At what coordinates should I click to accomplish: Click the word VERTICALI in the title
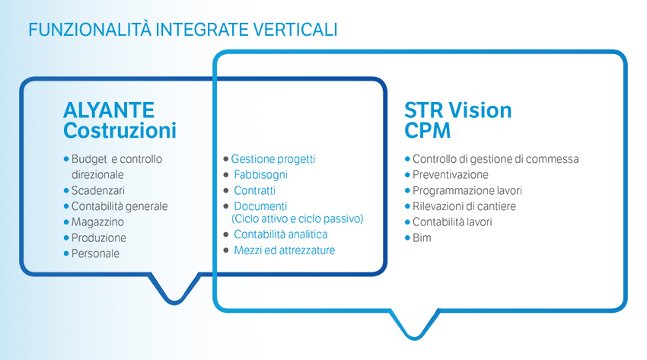295,30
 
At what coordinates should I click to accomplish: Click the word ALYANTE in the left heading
109,110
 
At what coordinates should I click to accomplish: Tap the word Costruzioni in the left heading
120,130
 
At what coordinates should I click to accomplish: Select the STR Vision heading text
458,110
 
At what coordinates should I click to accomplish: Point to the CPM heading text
428,130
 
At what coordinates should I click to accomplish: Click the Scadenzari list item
97,190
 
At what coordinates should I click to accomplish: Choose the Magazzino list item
97,221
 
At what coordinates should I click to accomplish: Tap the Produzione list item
99,237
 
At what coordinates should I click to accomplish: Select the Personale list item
95,253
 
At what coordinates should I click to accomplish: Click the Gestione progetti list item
273,159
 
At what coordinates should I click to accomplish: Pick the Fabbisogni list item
260,175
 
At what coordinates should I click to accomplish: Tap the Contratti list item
254,190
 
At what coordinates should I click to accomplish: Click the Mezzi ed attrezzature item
285,250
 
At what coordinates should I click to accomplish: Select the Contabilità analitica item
281,234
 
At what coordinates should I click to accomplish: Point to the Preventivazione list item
450,175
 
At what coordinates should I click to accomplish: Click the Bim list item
422,237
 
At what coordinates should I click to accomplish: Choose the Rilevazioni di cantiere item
464,206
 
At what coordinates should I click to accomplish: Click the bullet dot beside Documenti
226,205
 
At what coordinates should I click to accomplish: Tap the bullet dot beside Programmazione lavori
407,190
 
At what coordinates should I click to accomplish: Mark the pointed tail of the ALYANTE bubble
174,302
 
